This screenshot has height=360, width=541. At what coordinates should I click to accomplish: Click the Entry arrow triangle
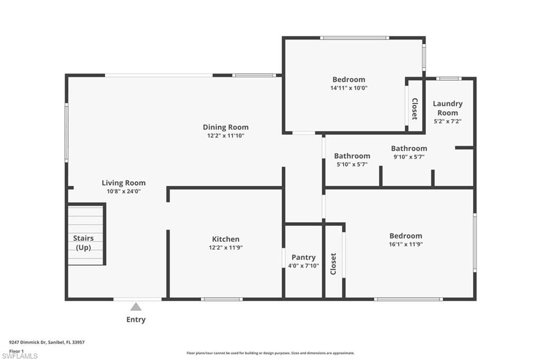136,307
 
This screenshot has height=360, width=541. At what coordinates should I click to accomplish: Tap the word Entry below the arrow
136,319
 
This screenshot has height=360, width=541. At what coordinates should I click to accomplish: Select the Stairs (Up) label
83,243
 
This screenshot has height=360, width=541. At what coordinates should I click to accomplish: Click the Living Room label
124,183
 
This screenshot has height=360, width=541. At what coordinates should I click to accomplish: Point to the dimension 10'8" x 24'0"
124,192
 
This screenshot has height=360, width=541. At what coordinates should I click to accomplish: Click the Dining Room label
226,127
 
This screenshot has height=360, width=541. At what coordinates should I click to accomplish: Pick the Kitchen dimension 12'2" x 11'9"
226,248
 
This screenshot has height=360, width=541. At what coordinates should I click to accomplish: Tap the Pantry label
303,258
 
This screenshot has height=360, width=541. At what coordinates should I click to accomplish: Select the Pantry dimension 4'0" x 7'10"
303,266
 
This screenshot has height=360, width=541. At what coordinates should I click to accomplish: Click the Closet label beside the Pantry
333,264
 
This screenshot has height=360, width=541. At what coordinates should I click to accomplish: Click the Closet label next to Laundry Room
415,109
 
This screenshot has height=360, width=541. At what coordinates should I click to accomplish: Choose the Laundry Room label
447,108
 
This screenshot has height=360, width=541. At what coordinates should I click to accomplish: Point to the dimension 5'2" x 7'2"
447,121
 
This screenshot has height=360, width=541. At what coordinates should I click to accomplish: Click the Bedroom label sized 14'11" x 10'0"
349,80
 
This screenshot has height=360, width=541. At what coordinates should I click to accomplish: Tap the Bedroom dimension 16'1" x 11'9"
406,244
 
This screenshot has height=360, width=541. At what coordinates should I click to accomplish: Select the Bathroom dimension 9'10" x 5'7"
409,157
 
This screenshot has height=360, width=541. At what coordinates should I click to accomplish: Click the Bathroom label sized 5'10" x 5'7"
352,156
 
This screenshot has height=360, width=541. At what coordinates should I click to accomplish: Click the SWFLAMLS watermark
20,356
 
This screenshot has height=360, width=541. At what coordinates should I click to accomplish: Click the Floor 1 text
16,350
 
